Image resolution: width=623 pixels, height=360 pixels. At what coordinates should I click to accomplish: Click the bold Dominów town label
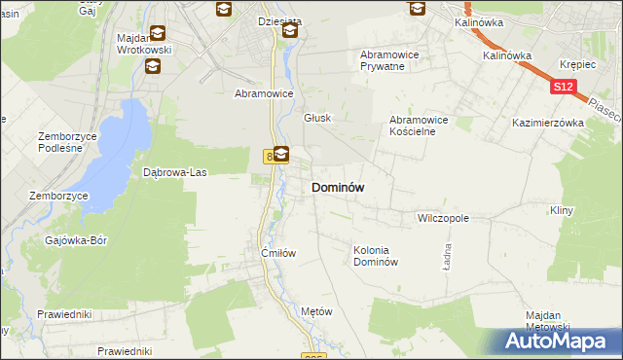click(338, 187)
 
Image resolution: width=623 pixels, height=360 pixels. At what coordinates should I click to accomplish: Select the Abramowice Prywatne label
click(389, 60)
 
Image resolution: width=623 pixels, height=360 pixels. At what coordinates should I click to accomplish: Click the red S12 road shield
click(563, 88)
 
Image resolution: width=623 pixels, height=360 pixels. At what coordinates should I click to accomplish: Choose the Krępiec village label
click(577, 62)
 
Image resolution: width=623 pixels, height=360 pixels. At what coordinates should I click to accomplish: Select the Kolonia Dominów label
click(376, 256)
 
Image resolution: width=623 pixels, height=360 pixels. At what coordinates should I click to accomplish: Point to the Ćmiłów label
click(277, 252)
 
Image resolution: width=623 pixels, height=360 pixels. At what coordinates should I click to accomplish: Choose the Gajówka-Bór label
click(75, 238)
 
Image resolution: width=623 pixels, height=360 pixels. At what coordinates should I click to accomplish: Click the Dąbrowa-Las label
click(175, 172)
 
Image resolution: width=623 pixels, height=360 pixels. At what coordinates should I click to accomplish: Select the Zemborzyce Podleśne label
click(68, 142)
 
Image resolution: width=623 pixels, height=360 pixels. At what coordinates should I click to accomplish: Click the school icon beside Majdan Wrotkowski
click(152, 66)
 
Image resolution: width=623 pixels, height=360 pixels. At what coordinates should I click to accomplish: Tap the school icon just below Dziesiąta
click(289, 32)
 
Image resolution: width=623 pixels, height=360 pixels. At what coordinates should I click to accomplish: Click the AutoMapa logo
click(561, 341)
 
